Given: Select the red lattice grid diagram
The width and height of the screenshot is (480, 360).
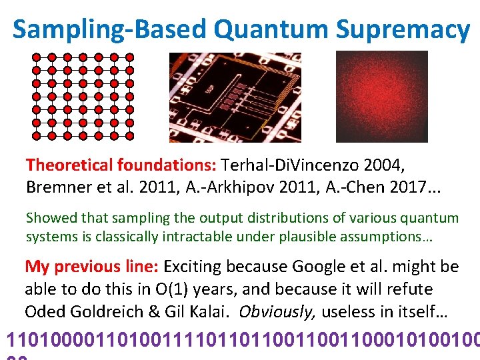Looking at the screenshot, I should (x=83, y=96).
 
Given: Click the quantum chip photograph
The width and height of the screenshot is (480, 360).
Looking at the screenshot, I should (x=235, y=97).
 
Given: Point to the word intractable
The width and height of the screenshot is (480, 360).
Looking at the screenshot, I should (x=203, y=237).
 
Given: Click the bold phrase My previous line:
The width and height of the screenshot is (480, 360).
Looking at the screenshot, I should (x=91, y=267).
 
